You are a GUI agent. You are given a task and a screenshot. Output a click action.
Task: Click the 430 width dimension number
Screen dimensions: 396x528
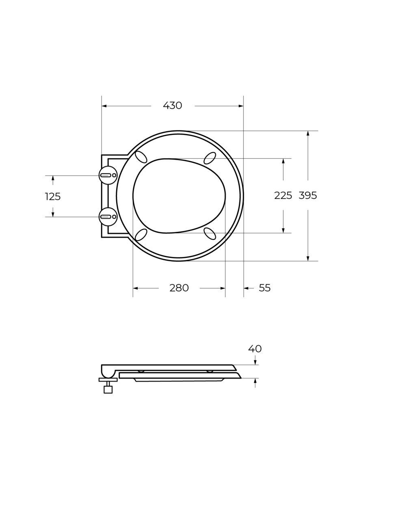pos(172,105)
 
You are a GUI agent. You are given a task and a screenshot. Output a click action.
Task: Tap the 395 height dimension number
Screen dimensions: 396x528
pos(308,195)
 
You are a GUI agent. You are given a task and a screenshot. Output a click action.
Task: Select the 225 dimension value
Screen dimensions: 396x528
pos(283,195)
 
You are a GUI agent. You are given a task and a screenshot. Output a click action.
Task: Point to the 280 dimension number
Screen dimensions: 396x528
pos(179,288)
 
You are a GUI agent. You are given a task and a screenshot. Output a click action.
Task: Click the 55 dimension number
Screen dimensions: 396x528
pos(264,288)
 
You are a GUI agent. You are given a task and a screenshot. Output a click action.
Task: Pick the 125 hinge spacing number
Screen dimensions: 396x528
pos(53,197)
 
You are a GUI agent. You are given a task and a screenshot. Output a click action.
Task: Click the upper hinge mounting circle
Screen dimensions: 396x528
pos(108,175)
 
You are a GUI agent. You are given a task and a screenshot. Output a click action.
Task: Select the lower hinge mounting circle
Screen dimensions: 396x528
pos(108,217)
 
